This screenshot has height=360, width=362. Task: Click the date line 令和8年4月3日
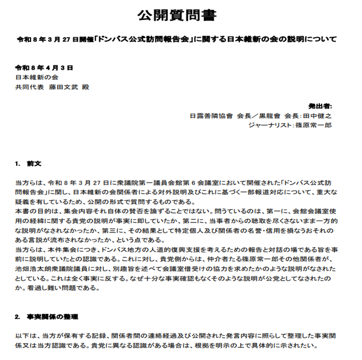44,68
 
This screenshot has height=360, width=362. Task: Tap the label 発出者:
319,106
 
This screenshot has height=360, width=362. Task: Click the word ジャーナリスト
270,126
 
